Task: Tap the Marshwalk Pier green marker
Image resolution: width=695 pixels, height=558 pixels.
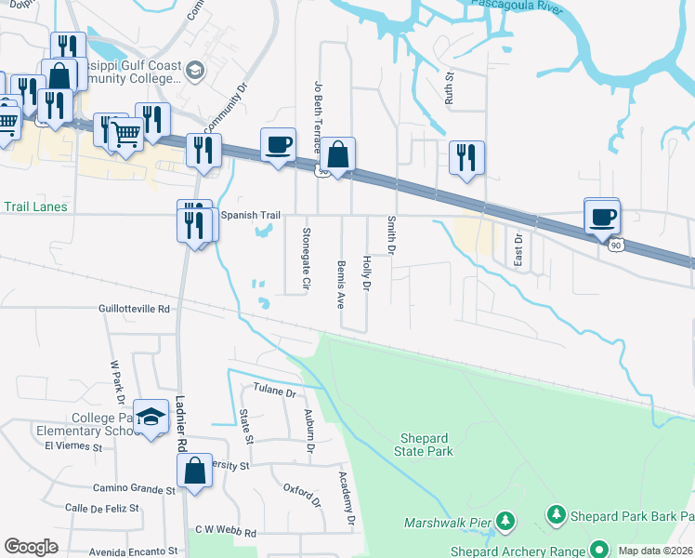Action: (x=505, y=521)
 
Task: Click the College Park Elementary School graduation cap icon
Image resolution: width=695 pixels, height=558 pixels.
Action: (x=151, y=418)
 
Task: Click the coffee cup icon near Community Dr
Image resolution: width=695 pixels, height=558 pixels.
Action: (x=278, y=145)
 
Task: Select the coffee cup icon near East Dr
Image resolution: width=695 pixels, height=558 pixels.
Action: (x=601, y=216)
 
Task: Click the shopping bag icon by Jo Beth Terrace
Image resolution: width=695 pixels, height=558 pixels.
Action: (x=339, y=154)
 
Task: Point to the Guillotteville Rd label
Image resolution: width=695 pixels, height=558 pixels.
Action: (x=135, y=308)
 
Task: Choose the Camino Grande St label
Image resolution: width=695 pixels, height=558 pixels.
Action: (x=133, y=488)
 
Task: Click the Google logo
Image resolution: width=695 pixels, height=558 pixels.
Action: (x=31, y=547)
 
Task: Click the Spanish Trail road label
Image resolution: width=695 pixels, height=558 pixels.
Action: (x=251, y=216)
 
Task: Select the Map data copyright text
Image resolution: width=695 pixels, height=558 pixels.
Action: (x=656, y=551)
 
